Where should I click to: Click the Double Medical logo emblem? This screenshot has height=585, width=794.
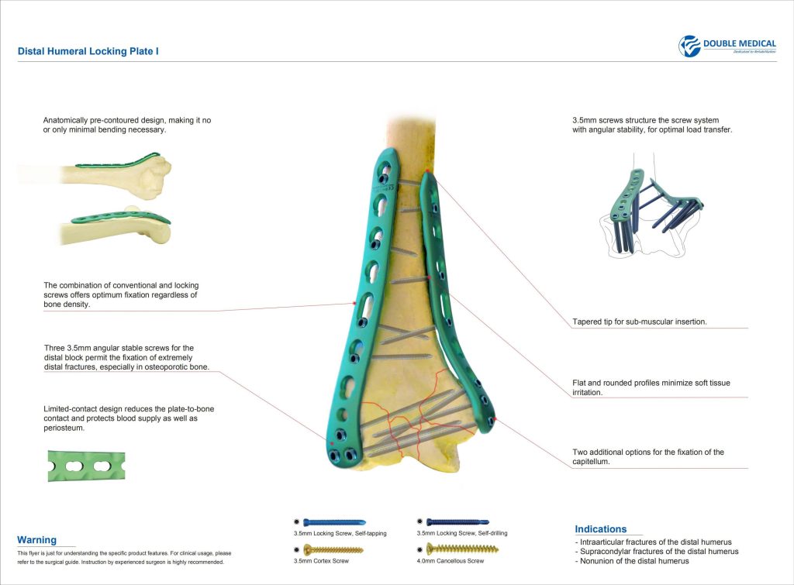coord(689,46)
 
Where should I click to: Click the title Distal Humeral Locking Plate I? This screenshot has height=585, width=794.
coord(89,51)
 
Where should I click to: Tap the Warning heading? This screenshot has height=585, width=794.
coord(36,540)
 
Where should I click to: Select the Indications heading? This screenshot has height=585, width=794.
coord(600,529)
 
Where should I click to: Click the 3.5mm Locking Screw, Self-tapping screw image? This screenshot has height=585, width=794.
coord(334,523)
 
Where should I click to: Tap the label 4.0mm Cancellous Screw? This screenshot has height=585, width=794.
coord(451,561)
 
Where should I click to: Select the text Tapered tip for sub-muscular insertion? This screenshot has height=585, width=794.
coord(639,321)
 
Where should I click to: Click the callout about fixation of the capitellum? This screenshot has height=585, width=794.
coord(647,456)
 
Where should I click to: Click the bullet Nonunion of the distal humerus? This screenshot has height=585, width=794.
coord(632,561)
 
